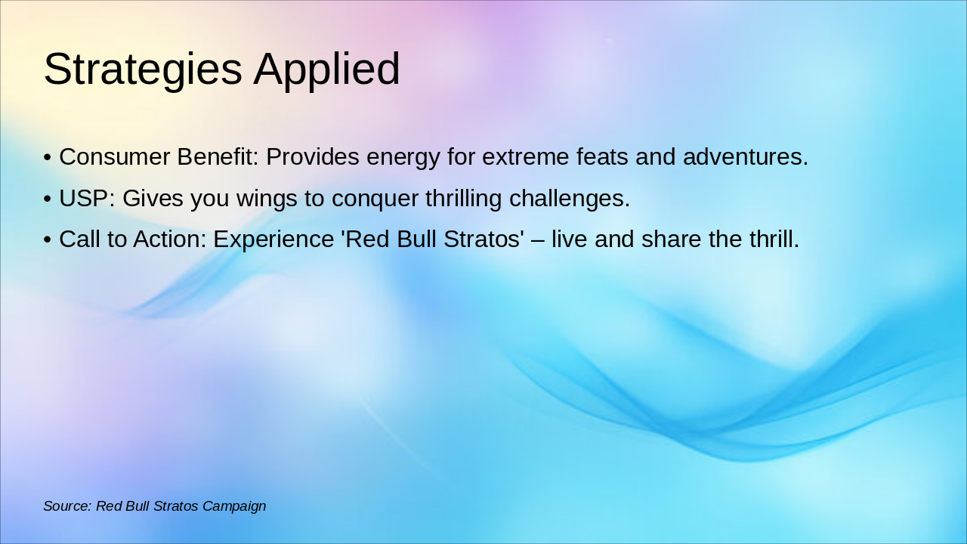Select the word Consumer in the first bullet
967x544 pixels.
point(114,156)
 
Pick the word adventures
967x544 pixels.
point(746,156)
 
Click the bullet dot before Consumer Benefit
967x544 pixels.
point(48,158)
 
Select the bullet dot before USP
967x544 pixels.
point(48,199)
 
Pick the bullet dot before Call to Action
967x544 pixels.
point(48,240)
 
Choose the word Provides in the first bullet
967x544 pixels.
point(313,156)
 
